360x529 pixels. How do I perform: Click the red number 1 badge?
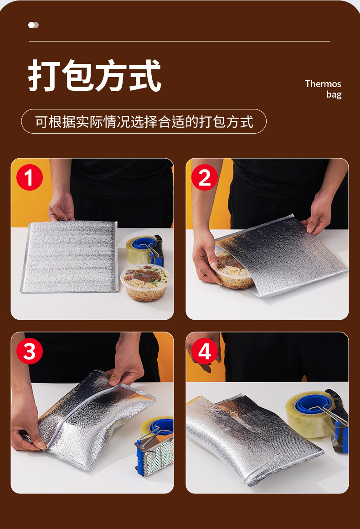pos(30,177)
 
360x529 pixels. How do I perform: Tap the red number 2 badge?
pos(205,177)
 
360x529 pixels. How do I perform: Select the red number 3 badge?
pos(30,351)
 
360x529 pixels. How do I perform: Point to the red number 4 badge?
pos(205,351)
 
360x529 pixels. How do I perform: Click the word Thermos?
pos(323,83)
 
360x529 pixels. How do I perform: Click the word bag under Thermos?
pos(334,94)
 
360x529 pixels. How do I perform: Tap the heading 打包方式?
pos(95,75)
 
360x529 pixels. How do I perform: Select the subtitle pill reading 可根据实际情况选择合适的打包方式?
pos(144,121)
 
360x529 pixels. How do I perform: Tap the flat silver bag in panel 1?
pos(69,257)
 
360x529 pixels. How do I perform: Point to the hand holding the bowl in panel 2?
pos(206,256)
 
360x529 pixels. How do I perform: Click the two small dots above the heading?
pos(33,25)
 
